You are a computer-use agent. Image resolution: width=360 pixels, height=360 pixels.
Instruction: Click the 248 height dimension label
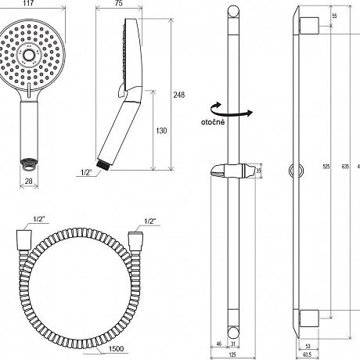[x=179, y=95]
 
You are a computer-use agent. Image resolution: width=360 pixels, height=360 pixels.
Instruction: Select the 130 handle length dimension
[x=161, y=131]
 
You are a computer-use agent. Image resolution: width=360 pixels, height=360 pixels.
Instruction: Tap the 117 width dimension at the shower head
[x=28, y=3]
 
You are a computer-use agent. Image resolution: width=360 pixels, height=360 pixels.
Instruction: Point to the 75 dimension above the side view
[x=118, y=3]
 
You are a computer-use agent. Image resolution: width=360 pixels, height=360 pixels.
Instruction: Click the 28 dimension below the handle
[x=29, y=181]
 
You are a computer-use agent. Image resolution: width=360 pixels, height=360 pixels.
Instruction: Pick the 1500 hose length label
[x=116, y=348]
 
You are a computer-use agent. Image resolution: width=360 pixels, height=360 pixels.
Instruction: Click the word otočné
[x=213, y=122]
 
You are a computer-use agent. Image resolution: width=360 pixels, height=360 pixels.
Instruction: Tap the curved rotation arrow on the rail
[x=232, y=111]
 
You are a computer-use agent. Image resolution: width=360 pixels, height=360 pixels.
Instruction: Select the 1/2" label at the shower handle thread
[x=86, y=172]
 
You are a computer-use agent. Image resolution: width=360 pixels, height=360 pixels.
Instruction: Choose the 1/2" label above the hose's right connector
[x=150, y=221]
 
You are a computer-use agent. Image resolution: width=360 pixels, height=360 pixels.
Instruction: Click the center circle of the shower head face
[x=29, y=55]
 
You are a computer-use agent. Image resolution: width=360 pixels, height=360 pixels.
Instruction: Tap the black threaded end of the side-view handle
[x=103, y=165]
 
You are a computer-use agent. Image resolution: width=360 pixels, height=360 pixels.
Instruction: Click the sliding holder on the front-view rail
[x=233, y=171]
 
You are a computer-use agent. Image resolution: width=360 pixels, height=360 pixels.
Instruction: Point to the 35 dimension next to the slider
[x=258, y=171]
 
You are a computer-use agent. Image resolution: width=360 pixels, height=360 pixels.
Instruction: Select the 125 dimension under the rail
[x=232, y=355]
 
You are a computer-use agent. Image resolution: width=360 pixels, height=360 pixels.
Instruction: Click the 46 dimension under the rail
[x=219, y=344]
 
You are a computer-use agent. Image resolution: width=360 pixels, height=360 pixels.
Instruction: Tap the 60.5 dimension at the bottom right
[x=308, y=355]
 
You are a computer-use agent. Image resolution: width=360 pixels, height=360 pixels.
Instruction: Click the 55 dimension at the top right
[x=334, y=16]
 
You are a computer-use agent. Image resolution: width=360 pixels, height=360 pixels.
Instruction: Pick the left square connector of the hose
[x=24, y=240]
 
